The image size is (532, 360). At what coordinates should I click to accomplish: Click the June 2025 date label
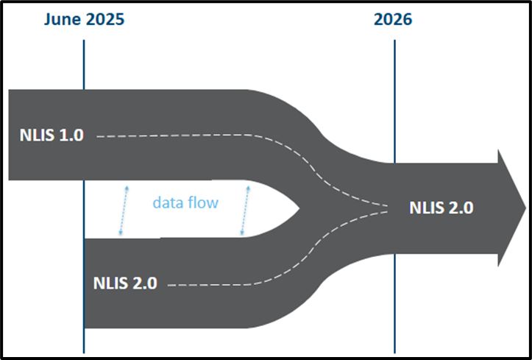point(84,20)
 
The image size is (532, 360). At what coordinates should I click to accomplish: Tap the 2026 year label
point(393,20)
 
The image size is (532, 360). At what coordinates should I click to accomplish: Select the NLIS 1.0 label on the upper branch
point(52,135)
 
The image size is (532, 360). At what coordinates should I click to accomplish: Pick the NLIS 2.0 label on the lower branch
point(125,283)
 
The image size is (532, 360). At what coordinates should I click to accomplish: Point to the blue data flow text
point(185,202)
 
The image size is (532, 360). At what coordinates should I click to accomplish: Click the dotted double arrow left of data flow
point(124,210)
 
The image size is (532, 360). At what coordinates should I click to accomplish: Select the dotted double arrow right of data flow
point(244,210)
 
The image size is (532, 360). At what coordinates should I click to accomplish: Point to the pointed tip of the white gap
point(299,209)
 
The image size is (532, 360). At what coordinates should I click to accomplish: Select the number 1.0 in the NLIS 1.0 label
point(72,135)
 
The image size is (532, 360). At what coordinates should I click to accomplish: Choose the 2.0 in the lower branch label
point(145,283)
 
